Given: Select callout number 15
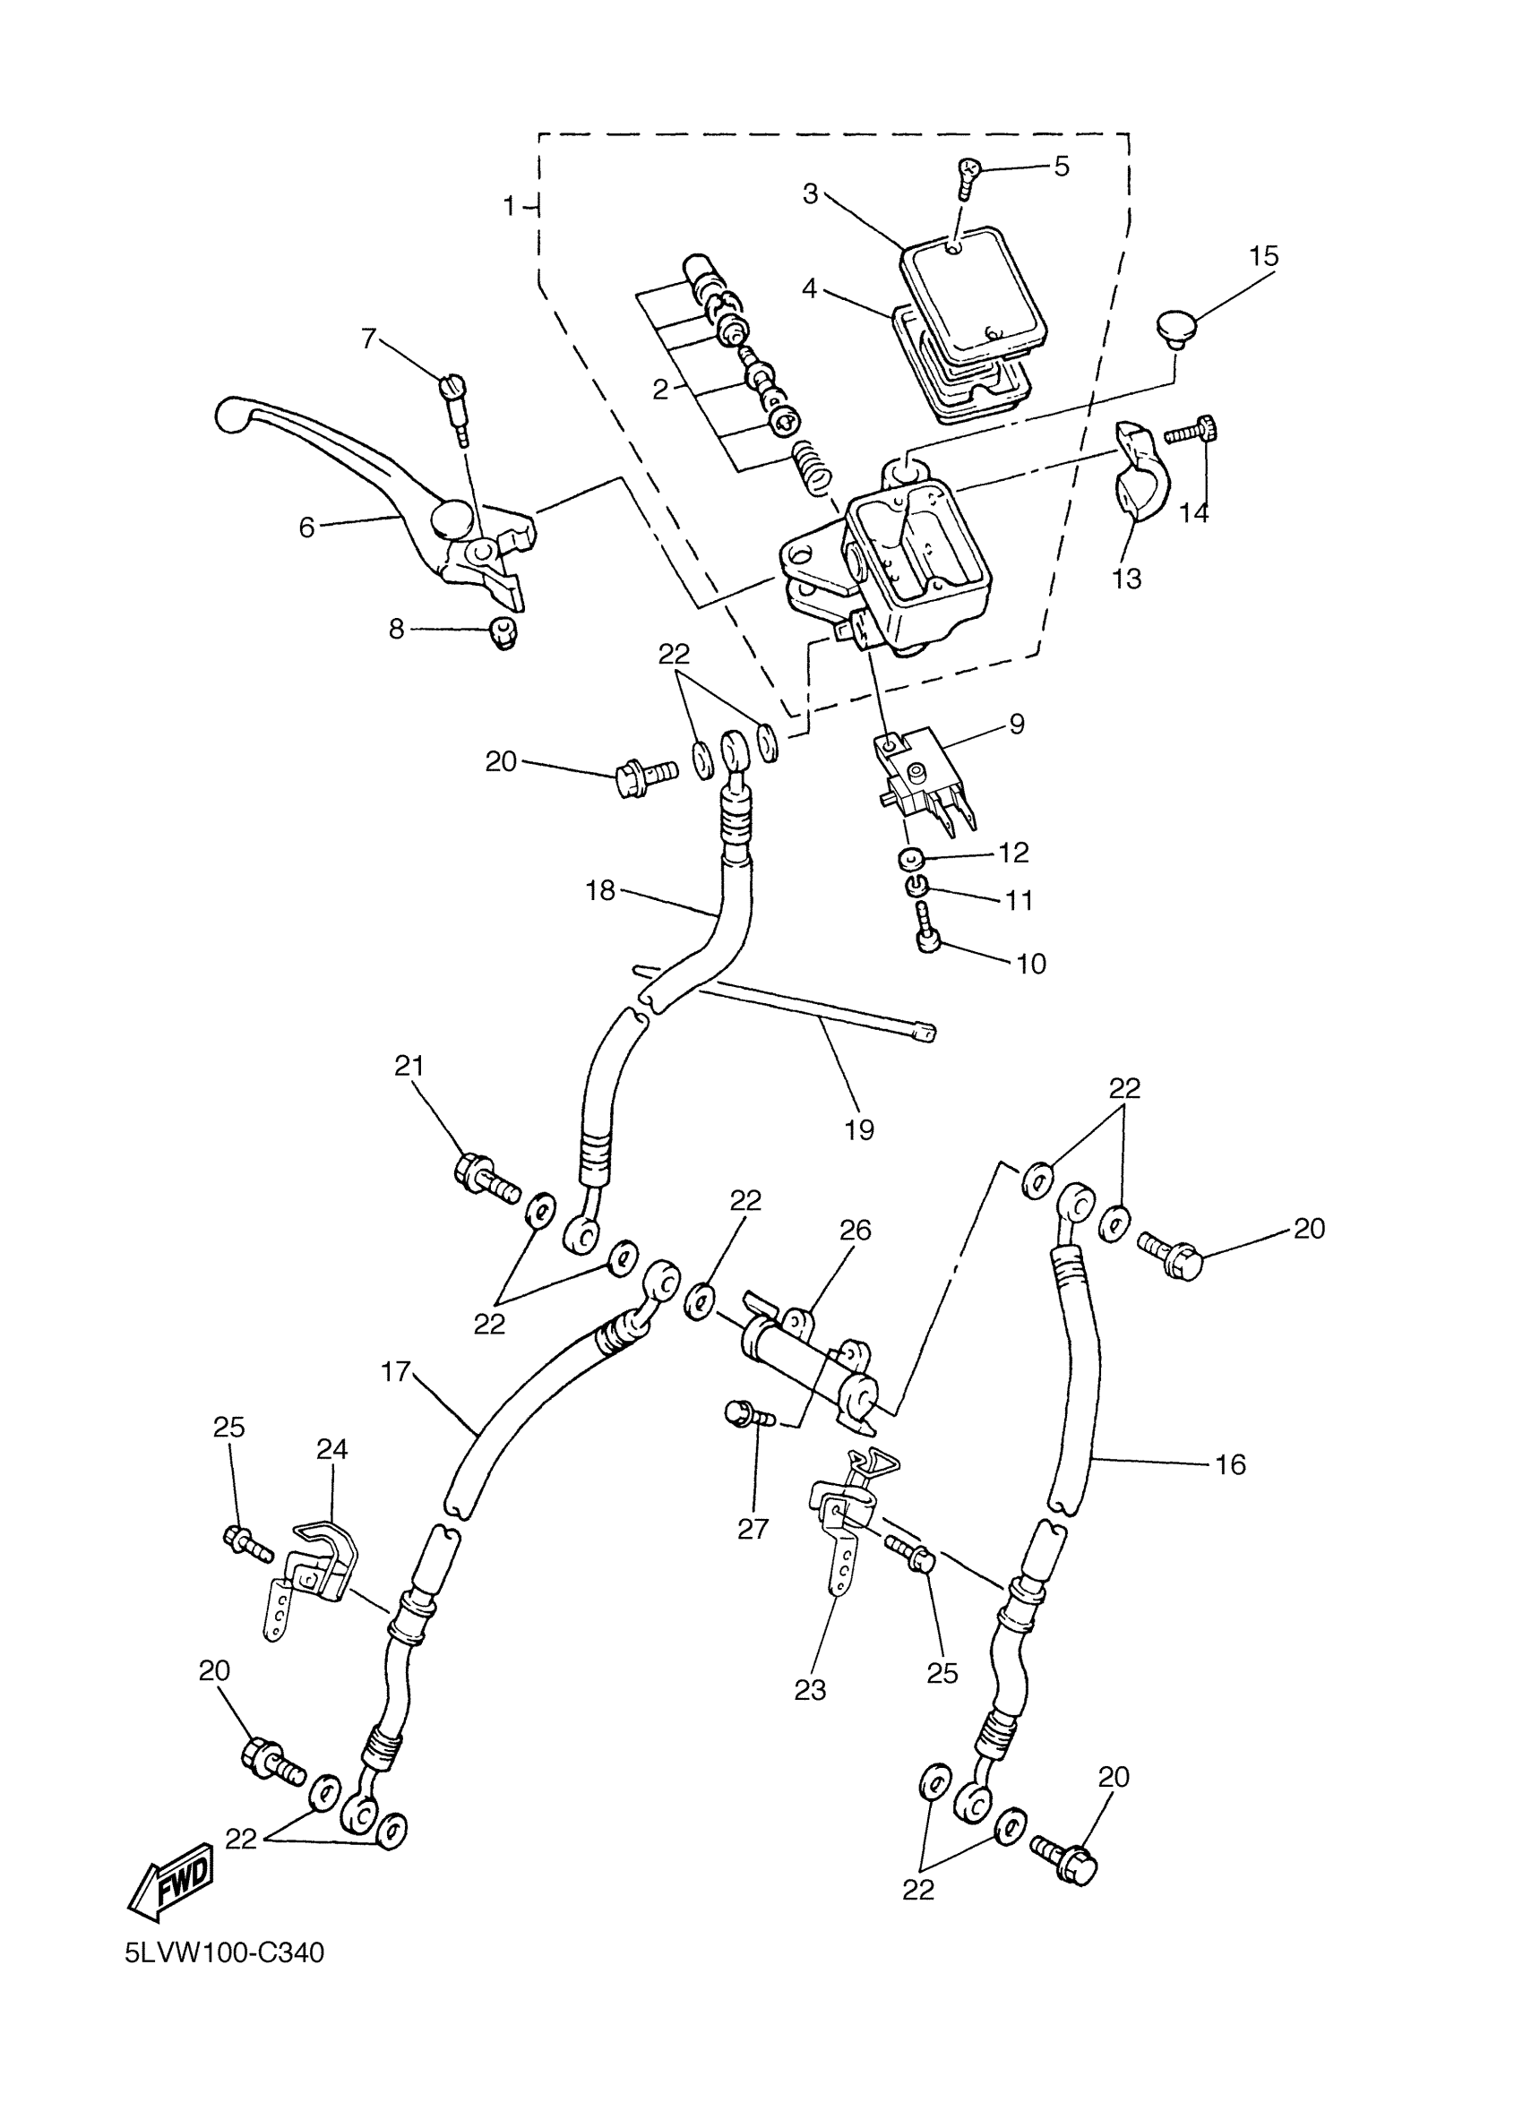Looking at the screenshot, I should pos(1263,257).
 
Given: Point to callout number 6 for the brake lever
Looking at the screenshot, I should pos(306,527).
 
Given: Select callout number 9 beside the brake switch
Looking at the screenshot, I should pos(1016,724).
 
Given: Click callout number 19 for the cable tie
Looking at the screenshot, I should pos(859,1129).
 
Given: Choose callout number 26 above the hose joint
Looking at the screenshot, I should pos(856,1230).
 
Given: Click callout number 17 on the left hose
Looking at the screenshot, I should pos(396,1372).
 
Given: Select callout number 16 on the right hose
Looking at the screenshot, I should pos(1230,1464).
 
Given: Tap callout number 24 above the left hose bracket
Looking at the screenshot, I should pos(331,1448).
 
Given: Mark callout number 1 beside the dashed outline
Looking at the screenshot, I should pos(509,206).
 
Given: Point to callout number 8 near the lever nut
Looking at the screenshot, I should pos(397,630).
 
